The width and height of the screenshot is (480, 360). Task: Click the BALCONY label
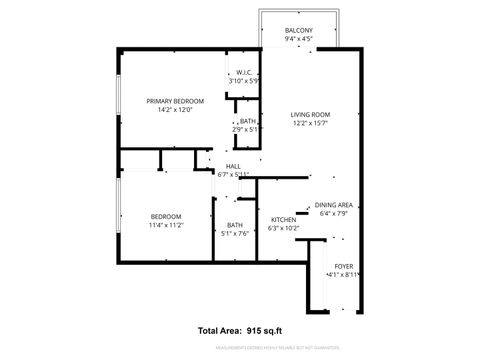coord(298,31)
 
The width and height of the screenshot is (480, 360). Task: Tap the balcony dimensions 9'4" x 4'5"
coord(298,40)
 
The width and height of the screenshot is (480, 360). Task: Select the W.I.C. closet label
coord(244,72)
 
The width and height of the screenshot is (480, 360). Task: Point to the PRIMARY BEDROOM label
coord(175,101)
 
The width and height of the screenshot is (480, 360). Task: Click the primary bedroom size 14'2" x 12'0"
coord(175,110)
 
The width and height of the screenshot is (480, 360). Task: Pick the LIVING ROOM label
coord(311,115)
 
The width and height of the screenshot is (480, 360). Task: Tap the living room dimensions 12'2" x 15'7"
coord(311,124)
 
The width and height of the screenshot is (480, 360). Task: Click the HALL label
coord(233,166)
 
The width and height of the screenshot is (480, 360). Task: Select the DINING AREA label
coord(333,203)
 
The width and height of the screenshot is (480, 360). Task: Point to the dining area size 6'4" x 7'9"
coord(333,212)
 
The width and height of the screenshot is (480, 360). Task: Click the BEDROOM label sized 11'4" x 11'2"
coord(166,217)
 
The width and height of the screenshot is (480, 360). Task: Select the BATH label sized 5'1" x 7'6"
coord(234,225)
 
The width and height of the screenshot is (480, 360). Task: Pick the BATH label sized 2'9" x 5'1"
coord(247,121)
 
